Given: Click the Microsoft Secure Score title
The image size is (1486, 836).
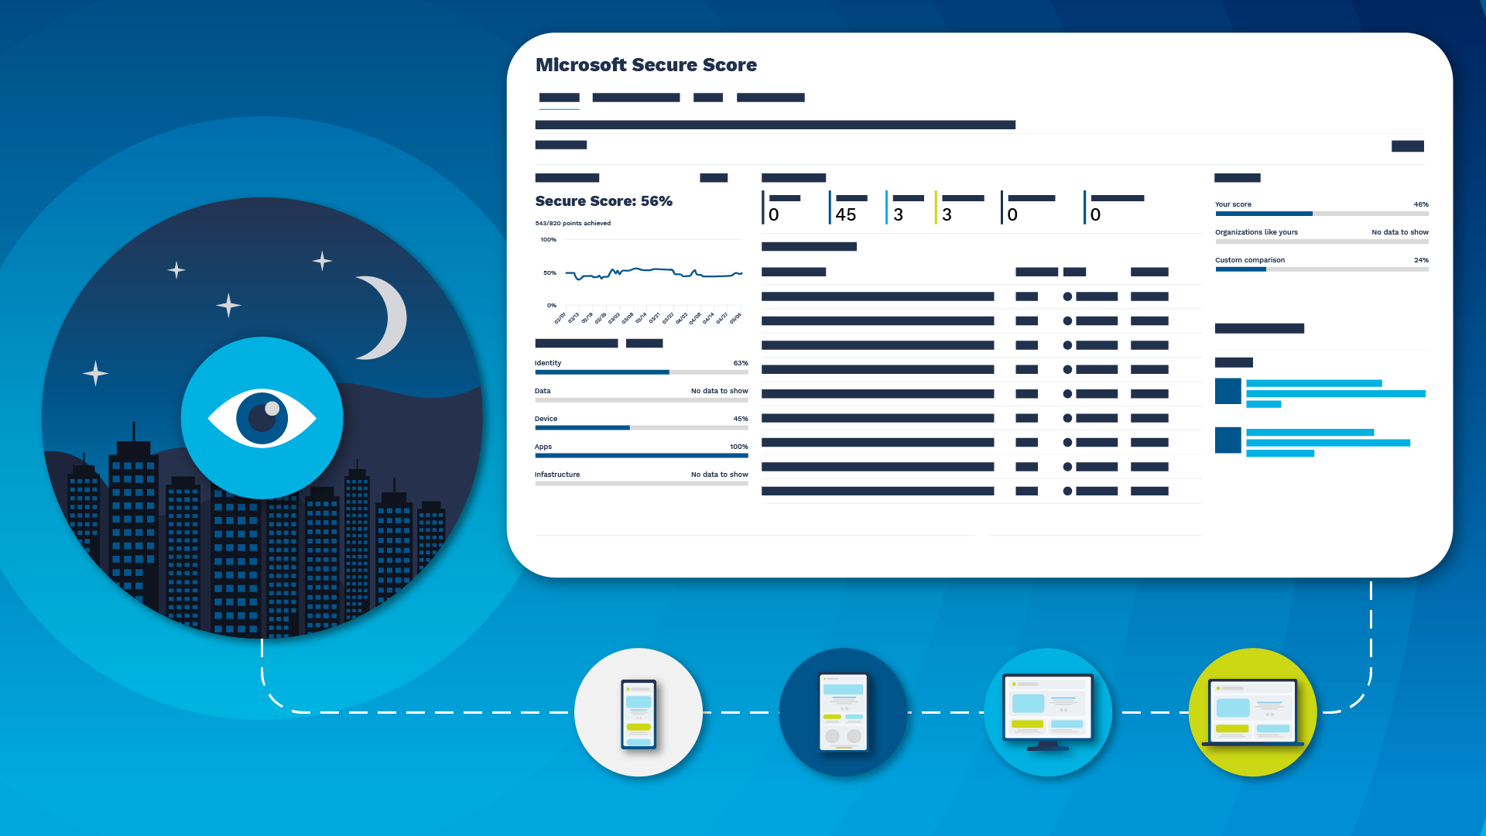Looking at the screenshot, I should (x=645, y=65).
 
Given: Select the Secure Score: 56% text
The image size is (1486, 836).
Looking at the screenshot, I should (x=604, y=201).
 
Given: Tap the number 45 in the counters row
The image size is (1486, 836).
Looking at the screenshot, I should (x=845, y=214).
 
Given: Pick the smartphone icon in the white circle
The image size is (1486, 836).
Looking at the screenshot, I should (x=639, y=713).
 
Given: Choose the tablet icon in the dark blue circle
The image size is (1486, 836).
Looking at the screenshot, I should (x=843, y=713).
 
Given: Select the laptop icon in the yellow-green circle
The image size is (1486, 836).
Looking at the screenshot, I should (x=1252, y=713).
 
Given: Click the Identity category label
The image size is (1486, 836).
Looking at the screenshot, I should (x=548, y=363).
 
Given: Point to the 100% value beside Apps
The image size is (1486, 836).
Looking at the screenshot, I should (x=738, y=447).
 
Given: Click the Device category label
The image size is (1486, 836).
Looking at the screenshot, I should (x=546, y=419).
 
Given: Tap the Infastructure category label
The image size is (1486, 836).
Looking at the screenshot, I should (x=557, y=475).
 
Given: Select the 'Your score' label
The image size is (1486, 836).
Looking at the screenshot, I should (x=1233, y=204).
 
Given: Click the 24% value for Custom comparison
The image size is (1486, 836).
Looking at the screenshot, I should (x=1421, y=260).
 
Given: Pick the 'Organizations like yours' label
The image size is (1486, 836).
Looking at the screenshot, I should (x=1256, y=232).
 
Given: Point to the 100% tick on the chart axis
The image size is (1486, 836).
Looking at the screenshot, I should (x=548, y=240).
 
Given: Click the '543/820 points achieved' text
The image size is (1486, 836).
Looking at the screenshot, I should (x=573, y=223).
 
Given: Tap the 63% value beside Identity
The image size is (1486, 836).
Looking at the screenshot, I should (x=741, y=363).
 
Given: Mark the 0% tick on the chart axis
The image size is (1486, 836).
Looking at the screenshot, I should (x=551, y=306).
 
